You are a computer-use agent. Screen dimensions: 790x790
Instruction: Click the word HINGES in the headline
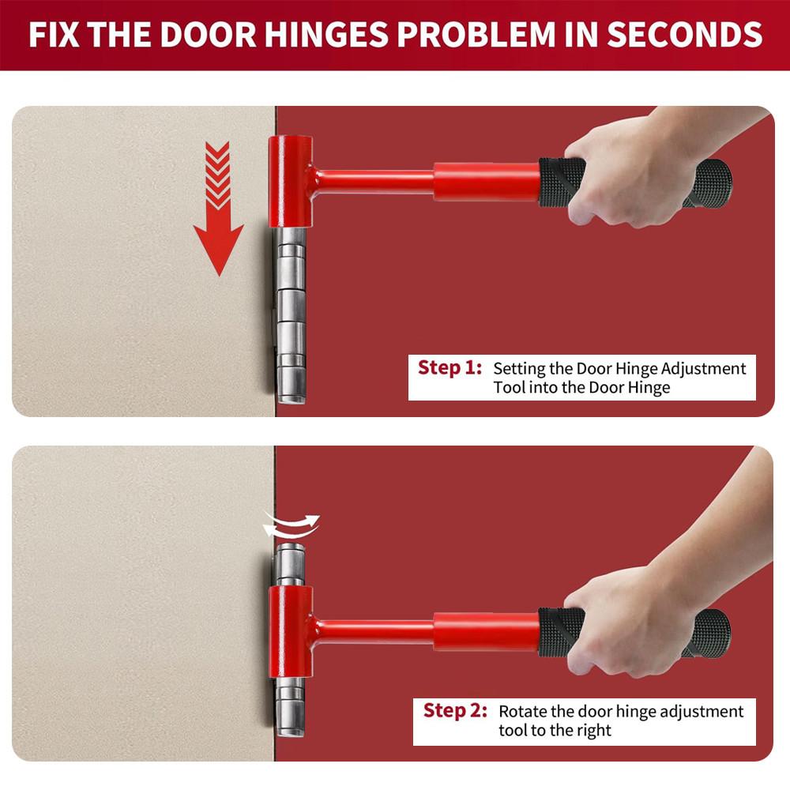pos(337,35)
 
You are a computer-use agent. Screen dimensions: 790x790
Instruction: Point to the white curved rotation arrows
pos(292,525)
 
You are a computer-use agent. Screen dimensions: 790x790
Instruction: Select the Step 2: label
pos(455,710)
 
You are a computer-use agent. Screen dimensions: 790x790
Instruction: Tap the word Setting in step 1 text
pos(518,368)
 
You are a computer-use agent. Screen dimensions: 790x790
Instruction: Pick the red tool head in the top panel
pos(289,182)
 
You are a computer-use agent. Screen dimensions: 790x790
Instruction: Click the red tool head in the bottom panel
pos(290,632)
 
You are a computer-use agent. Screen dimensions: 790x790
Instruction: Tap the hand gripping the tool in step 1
pos(624,170)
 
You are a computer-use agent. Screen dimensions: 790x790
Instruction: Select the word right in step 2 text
pos(593,730)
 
